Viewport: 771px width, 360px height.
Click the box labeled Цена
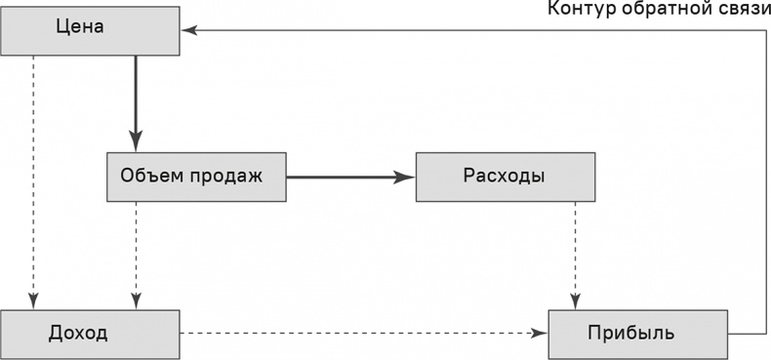click(90, 30)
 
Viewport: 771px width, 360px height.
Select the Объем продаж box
click(196, 177)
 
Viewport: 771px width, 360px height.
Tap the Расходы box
click(505, 177)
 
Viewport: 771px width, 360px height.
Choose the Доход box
click(90, 334)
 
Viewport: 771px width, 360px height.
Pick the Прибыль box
click(637, 334)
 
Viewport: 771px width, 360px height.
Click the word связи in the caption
click(741, 10)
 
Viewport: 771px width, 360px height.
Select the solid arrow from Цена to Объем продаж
click(136, 98)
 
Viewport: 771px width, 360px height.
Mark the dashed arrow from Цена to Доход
click(34, 176)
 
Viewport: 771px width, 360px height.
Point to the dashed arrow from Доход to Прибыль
click(361, 334)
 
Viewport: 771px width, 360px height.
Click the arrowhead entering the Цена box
click(188, 30)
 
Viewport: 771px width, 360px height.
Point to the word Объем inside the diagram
click(151, 177)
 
